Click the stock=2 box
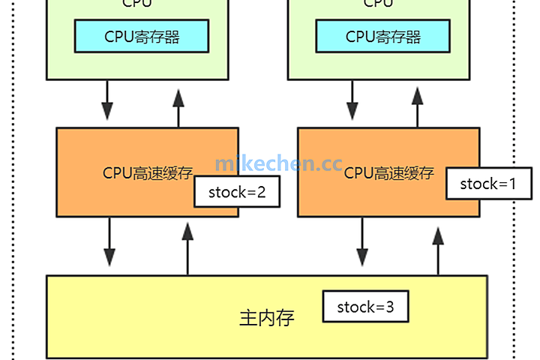pyautogui.click(x=237, y=192)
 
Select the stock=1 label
pyautogui.click(x=489, y=184)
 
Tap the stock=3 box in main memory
pyautogui.click(x=365, y=307)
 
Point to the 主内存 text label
pyautogui.click(x=266, y=318)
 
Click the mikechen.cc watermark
pyautogui.click(x=278, y=163)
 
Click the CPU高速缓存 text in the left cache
pyautogui.click(x=147, y=173)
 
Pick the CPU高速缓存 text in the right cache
pyautogui.click(x=388, y=173)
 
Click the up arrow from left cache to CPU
pyautogui.click(x=178, y=106)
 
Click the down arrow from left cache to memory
pyautogui.click(x=111, y=242)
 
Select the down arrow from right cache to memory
pyautogui.click(x=362, y=242)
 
